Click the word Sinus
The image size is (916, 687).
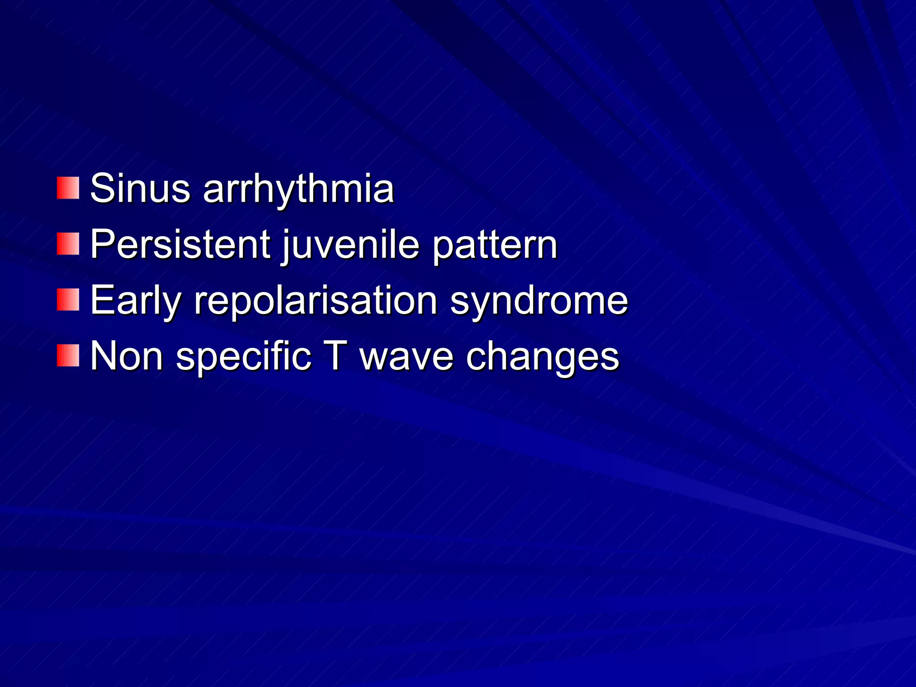[x=140, y=188]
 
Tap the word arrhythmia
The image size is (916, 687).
[x=298, y=189]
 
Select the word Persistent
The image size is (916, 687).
[x=180, y=244]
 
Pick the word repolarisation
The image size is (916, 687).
[x=316, y=301]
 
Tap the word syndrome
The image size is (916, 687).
[x=539, y=301]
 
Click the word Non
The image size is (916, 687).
[x=127, y=356]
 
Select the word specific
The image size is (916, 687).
[x=244, y=357]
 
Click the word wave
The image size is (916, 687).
[x=407, y=357]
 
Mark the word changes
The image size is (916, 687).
[x=543, y=357]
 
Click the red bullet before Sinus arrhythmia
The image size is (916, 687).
[x=68, y=188]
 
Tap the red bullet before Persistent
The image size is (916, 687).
[x=68, y=244]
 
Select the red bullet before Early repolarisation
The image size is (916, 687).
[x=68, y=300]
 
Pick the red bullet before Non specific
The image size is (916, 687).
[x=68, y=356]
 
